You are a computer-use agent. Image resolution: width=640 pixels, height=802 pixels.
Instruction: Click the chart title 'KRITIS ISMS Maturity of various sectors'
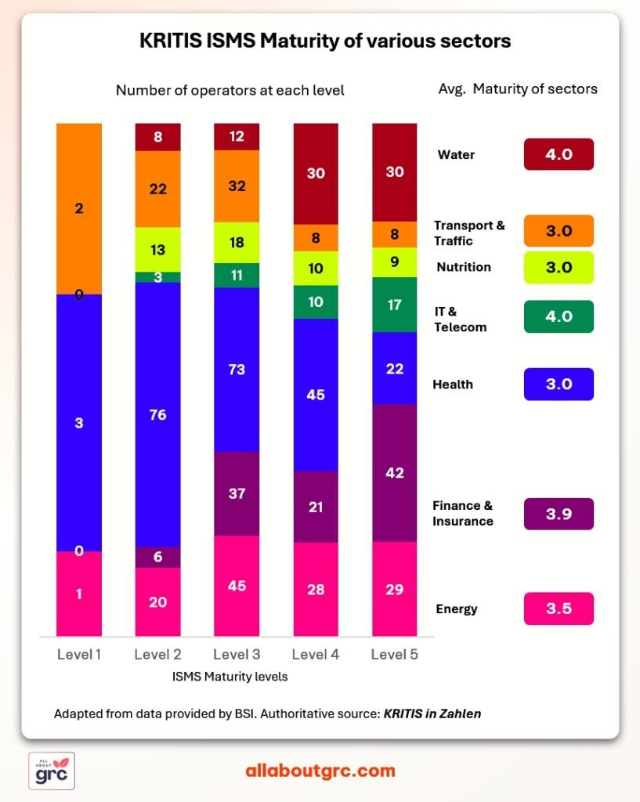[x=325, y=41]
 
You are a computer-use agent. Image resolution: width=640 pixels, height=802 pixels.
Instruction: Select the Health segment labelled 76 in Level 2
[x=157, y=414]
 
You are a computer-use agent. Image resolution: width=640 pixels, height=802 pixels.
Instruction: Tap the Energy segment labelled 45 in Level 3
[x=237, y=586]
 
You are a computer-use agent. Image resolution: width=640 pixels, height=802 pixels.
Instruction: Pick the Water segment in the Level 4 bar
[x=316, y=174]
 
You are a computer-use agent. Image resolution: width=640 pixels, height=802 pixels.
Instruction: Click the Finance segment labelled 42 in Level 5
[x=395, y=472]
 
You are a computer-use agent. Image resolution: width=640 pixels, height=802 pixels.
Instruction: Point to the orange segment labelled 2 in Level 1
[x=79, y=208]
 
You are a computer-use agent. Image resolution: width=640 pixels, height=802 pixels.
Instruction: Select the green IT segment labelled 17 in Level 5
[x=395, y=305]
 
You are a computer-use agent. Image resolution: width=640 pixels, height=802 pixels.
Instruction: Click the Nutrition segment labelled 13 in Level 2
[x=157, y=249]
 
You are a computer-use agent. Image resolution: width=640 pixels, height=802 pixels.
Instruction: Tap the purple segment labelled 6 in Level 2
[x=157, y=557]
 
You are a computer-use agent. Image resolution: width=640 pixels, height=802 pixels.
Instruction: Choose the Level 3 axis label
[x=237, y=654]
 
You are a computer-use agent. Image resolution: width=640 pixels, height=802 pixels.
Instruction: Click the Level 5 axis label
[x=395, y=654]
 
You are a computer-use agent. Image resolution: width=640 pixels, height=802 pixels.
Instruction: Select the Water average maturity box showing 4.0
[x=559, y=154]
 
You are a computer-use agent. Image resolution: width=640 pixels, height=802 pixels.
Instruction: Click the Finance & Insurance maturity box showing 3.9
[x=559, y=514]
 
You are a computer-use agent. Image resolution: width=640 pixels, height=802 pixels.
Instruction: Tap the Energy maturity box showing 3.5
[x=559, y=609]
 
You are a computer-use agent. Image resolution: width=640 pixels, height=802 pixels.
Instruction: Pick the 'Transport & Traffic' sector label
[x=469, y=233]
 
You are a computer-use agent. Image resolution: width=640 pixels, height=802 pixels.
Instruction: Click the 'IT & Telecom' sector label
[x=460, y=320]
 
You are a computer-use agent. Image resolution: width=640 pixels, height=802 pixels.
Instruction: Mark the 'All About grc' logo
[x=52, y=771]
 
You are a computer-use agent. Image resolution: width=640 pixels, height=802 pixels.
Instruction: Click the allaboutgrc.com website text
[x=320, y=771]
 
